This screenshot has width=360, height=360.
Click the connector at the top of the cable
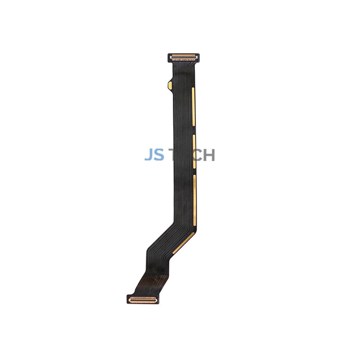[x=184, y=57]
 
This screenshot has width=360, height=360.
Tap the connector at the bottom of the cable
[x=142, y=299]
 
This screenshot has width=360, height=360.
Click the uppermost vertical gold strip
[x=193, y=107]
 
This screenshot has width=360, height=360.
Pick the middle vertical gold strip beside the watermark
[x=194, y=152]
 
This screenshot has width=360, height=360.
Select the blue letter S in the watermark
[x=160, y=155]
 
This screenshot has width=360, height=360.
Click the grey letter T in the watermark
[x=173, y=155]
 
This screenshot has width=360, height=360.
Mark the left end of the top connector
[x=170, y=58]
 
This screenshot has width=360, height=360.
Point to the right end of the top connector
[x=198, y=57]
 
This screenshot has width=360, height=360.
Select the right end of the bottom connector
[x=156, y=298]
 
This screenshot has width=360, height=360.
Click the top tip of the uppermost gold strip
[x=193, y=89]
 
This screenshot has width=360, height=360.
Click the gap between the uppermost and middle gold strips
[x=194, y=130]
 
